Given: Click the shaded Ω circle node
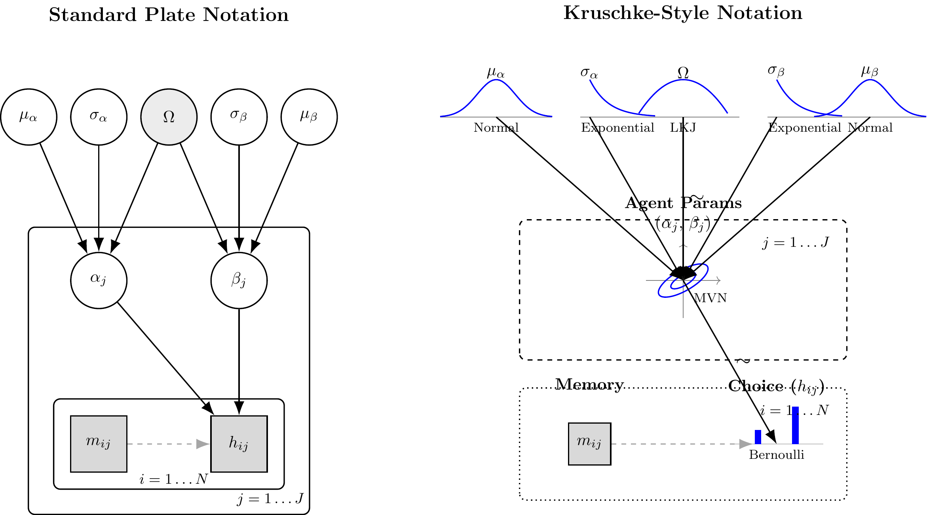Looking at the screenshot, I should tap(169, 117).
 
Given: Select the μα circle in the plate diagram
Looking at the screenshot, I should tap(28, 117).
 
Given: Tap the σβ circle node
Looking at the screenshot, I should tap(239, 117).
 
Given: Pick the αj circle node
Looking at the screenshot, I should tap(99, 280).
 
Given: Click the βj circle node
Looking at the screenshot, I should tap(239, 280).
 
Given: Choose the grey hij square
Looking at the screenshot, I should tap(239, 444).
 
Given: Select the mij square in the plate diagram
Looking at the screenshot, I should tap(99, 444).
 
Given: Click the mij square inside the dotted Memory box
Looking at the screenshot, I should tap(589, 444).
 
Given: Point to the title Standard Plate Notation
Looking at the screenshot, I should tap(169, 15).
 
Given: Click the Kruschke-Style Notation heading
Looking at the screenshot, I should tap(683, 13).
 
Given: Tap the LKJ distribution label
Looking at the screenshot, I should tap(683, 128).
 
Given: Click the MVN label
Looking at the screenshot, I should tap(710, 298).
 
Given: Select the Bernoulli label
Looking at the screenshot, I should tap(776, 455).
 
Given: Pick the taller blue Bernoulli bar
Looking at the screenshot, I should tap(795, 425).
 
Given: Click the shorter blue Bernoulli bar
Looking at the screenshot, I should tap(758, 437).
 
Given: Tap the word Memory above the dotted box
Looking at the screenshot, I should tap(589, 384).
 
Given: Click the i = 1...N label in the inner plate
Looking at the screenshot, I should tap(173, 479).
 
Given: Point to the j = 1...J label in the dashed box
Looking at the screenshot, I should tap(795, 242).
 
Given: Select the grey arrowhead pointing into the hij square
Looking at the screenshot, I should tap(203, 444).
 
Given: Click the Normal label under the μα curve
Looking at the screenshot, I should tap(496, 128).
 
